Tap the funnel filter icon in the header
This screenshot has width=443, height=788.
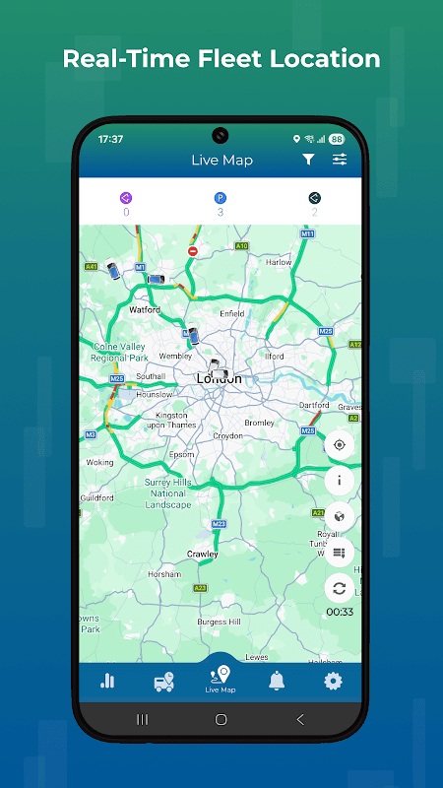[308, 160]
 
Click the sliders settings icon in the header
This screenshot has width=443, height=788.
[340, 160]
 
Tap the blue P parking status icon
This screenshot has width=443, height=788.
[220, 198]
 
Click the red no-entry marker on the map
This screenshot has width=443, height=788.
[193, 251]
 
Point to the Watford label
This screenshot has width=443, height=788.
[145, 309]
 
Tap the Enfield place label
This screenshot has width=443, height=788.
[232, 314]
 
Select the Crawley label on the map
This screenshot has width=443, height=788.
[203, 555]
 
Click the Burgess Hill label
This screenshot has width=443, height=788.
[221, 623]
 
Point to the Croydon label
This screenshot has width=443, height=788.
[227, 435]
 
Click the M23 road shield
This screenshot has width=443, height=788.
[220, 523]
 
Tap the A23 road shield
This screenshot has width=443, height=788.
[200, 588]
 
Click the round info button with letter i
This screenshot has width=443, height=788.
[340, 481]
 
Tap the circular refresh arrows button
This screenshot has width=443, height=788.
[340, 588]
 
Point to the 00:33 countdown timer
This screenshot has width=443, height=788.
[340, 612]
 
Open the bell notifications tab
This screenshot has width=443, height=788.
[277, 681]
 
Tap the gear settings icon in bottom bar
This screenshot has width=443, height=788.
[334, 681]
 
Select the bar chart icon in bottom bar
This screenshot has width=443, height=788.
[107, 681]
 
